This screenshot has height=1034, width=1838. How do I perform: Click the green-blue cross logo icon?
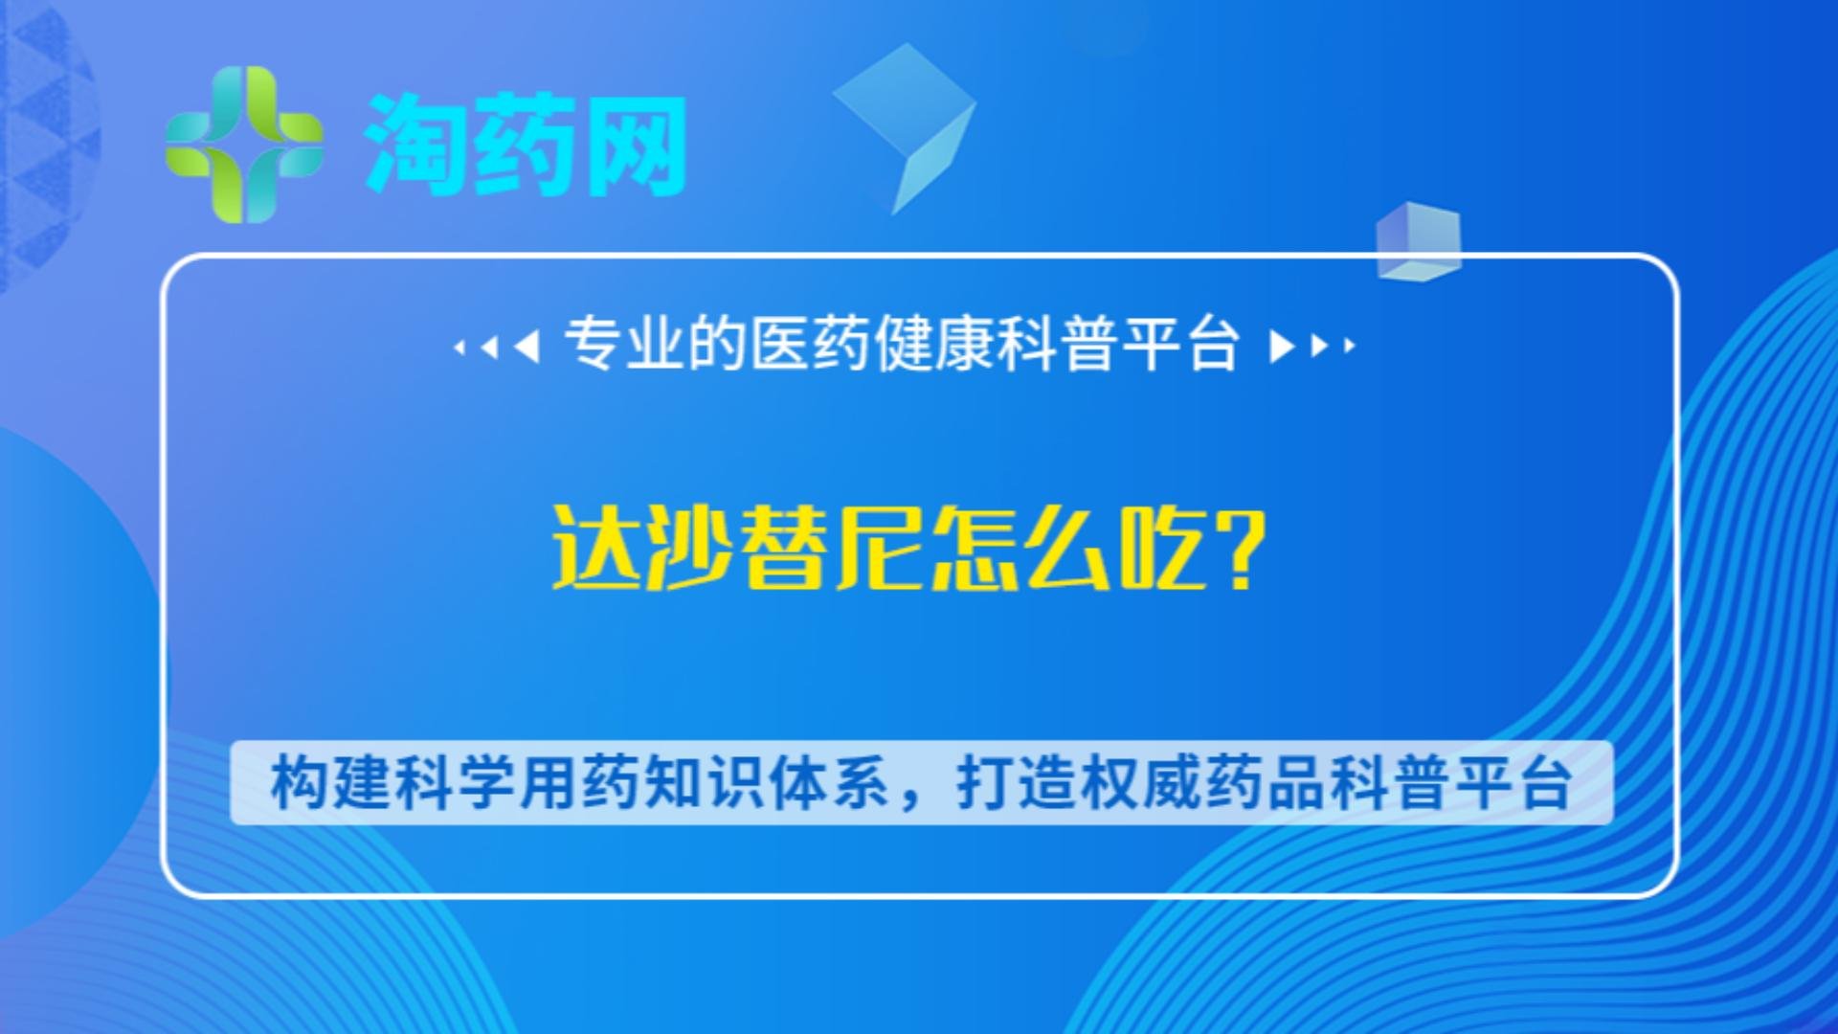(x=244, y=145)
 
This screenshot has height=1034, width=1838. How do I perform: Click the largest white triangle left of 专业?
(x=527, y=346)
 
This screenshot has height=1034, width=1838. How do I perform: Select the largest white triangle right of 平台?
(x=1281, y=346)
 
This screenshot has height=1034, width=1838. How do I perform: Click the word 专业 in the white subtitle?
(x=624, y=344)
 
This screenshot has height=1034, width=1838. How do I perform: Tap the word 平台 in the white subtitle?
(x=1181, y=344)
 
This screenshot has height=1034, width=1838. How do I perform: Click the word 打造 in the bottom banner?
(x=1017, y=783)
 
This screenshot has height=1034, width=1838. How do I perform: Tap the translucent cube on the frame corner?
(x=1419, y=241)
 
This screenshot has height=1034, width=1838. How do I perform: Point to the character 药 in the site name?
(x=525, y=145)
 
